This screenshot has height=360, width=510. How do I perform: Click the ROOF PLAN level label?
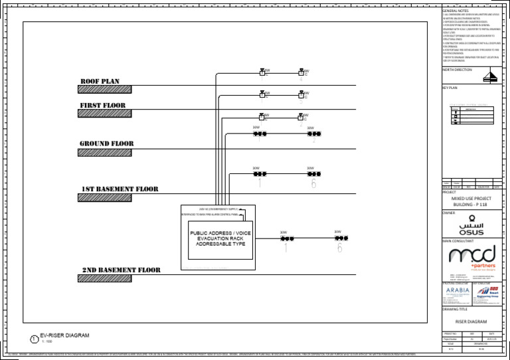click(x=100, y=82)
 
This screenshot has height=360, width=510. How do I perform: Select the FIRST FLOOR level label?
click(x=103, y=106)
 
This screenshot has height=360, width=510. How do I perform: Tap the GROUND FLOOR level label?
click(x=106, y=143)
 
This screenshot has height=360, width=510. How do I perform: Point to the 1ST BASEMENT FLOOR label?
click(x=120, y=189)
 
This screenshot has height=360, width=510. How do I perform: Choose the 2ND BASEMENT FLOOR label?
click(x=121, y=270)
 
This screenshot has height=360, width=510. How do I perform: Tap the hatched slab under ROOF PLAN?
click(x=104, y=90)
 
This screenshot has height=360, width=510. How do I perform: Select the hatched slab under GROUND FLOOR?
click(x=104, y=152)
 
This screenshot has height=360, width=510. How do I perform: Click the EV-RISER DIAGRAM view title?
click(x=64, y=335)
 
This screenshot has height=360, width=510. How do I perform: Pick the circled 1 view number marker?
click(x=35, y=339)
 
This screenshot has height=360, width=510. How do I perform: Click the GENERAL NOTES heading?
click(x=456, y=11)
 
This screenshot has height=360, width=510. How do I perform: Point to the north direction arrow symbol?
click(x=492, y=76)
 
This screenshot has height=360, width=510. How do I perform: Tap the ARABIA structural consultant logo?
click(x=456, y=291)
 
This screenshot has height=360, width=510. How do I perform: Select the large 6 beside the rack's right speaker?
click(x=339, y=248)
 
